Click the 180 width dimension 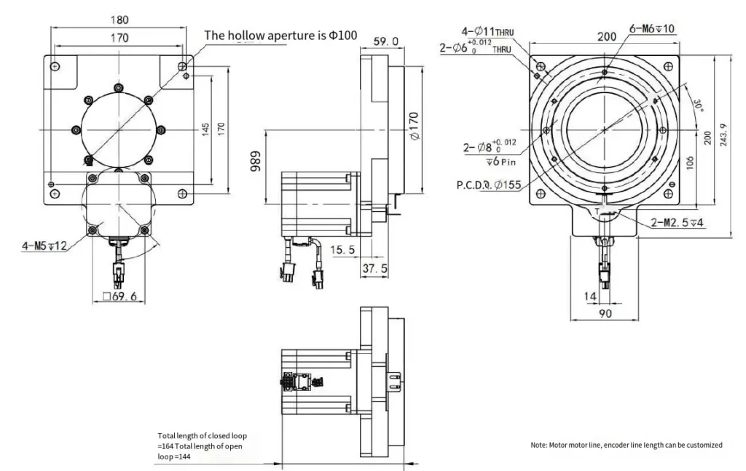coord(120,20)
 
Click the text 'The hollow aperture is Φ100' coord(280,35)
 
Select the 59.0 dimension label coord(385,41)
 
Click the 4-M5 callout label coord(44,245)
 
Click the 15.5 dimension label coord(343,250)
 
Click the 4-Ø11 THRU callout coord(487,31)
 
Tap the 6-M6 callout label coord(651,28)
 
